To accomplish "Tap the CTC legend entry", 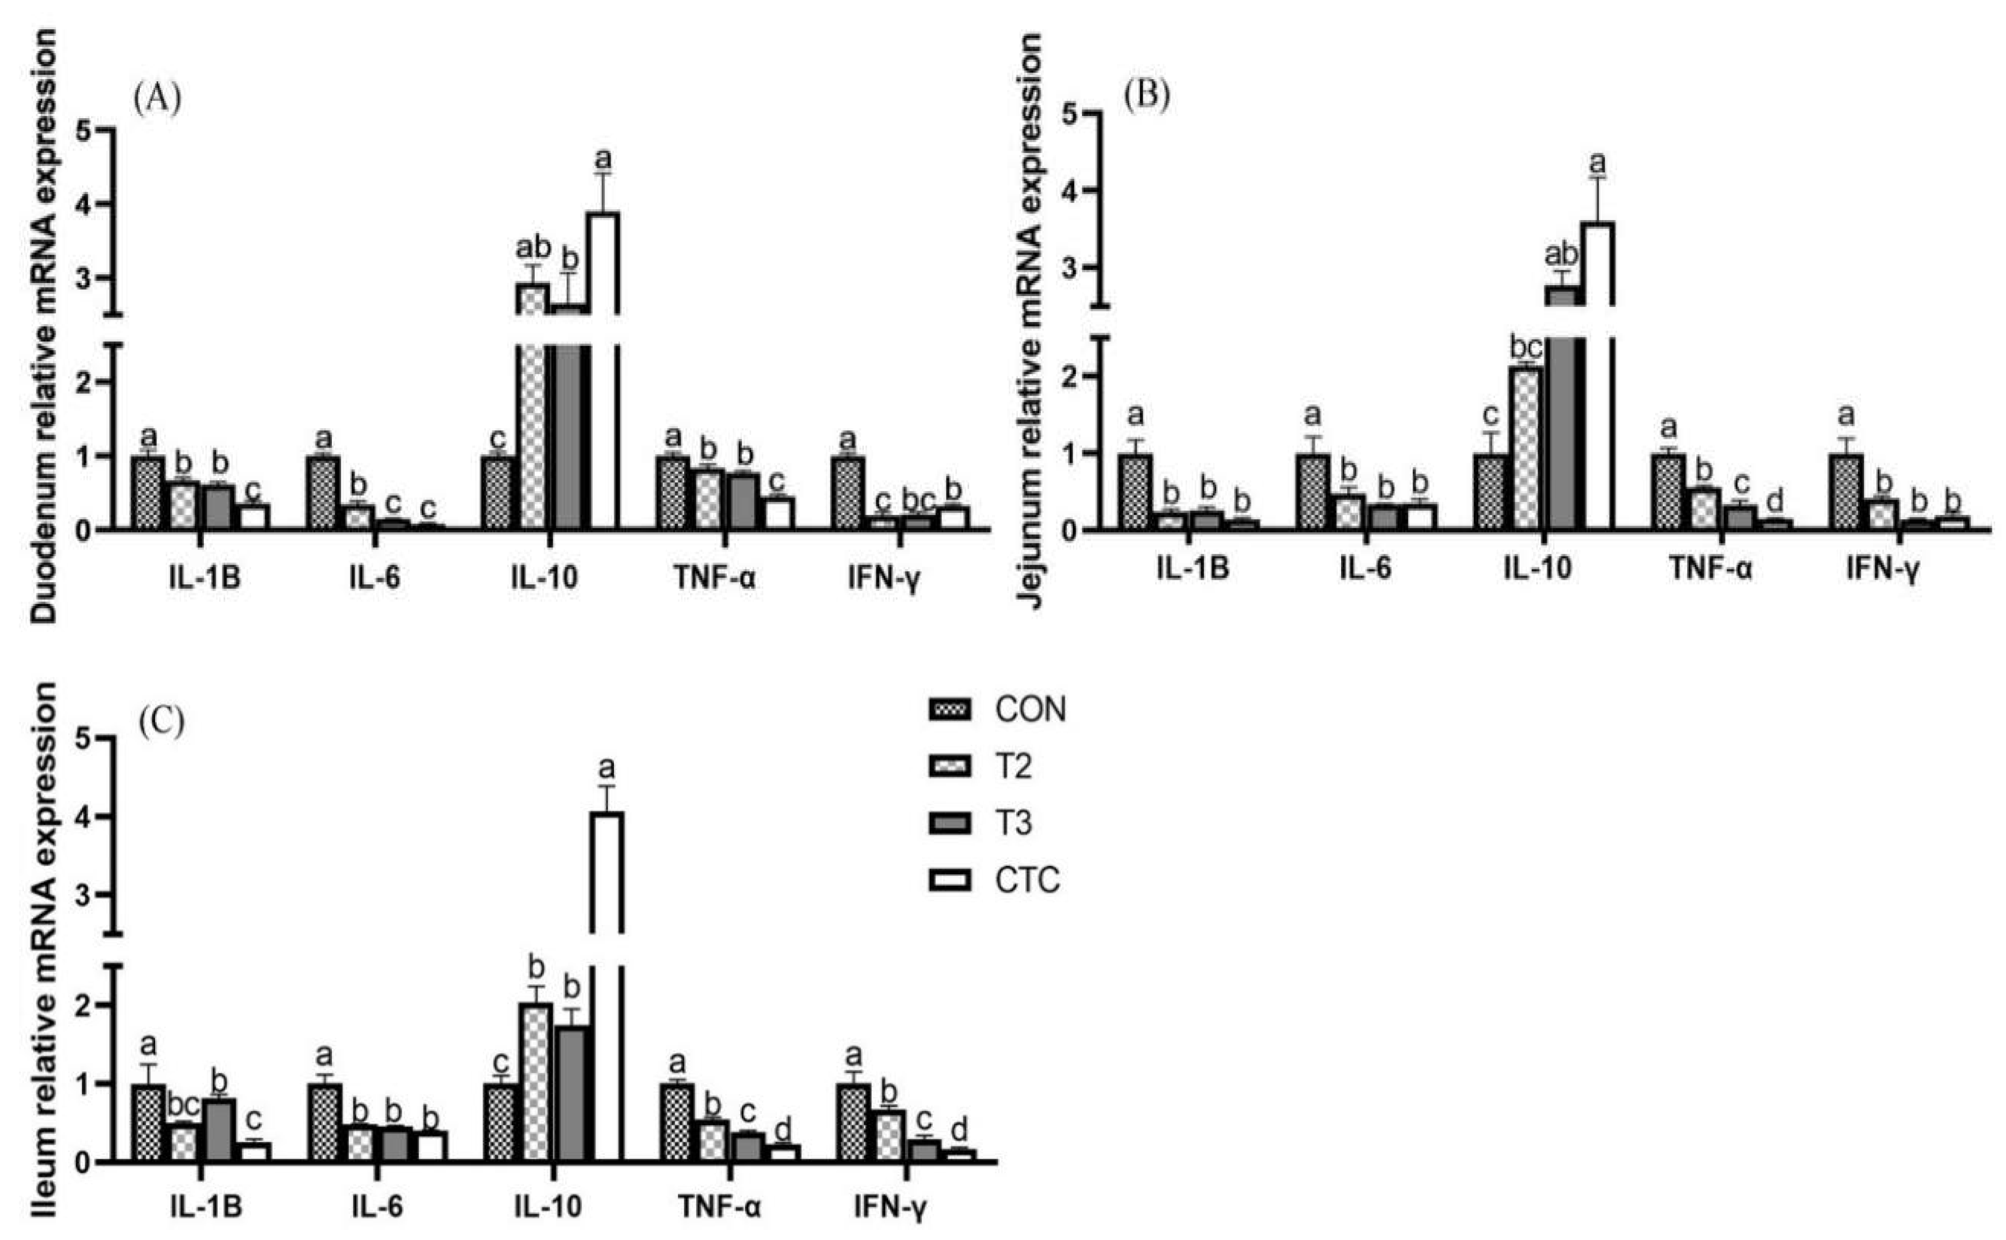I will click(x=1027, y=880).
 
